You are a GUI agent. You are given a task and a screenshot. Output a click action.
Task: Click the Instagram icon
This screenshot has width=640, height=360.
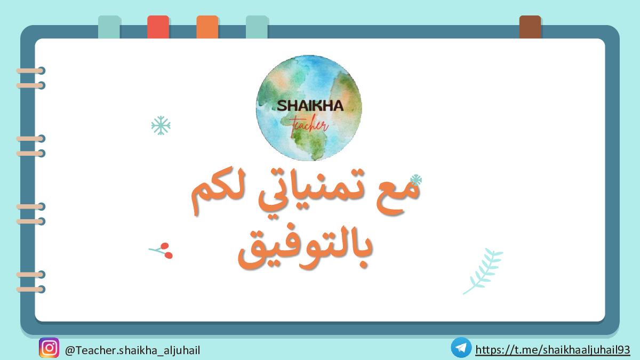pos(49,348)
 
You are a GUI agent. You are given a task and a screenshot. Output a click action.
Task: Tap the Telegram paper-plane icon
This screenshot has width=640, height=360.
pos(461,348)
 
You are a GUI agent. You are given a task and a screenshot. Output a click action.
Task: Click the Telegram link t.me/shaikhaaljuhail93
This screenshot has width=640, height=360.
pos(553,350)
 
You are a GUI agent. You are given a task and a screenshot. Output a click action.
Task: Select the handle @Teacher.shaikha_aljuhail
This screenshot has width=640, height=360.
pos(133,350)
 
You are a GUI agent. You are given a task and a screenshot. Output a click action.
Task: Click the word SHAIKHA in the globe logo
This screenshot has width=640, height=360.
pos(310,106)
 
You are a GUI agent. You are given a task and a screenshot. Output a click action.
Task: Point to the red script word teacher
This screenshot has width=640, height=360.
pos(309,126)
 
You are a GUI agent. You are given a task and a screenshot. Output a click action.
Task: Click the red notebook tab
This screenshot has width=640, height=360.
pos(158,27)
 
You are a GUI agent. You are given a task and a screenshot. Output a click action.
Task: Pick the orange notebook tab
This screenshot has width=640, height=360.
pos(207,27)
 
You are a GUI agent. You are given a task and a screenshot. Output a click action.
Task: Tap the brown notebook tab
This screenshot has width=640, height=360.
pos(530,27)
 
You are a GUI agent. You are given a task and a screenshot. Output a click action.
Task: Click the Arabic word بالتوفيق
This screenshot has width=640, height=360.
pos(305,246)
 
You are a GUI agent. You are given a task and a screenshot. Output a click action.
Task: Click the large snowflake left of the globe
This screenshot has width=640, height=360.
pos(161,125)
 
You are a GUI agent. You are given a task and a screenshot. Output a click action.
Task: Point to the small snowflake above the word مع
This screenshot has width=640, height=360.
pos(416,180)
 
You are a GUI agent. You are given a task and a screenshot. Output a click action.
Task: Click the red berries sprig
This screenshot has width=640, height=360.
pos(162,251)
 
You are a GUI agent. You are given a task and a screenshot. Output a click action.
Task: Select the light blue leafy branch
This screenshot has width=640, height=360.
pos(483,271)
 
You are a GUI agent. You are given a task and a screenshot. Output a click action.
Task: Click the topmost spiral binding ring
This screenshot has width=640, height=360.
pos(30,70)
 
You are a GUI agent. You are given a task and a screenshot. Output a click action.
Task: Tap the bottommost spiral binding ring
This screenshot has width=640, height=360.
pos(30,290)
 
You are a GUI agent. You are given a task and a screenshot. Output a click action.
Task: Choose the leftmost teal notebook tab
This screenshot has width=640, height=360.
pos(109,27)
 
